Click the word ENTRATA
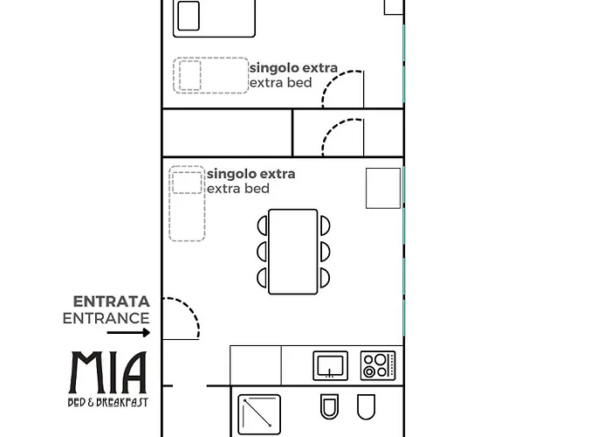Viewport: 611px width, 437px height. (112, 302)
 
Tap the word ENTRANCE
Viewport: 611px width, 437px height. (106, 318)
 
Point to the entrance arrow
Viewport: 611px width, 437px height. (128, 333)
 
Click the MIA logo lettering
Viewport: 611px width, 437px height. (108, 372)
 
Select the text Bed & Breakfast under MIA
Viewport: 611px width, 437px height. (108, 402)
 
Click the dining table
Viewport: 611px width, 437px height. (293, 252)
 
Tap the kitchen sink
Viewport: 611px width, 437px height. (331, 365)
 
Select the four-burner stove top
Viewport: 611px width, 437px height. (378, 365)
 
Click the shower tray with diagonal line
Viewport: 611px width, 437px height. (259, 414)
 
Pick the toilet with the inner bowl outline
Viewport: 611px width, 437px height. (329, 406)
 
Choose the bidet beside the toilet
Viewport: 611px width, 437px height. (367, 406)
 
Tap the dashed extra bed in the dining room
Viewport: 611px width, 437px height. (187, 204)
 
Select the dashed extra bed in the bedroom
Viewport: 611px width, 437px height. (211, 75)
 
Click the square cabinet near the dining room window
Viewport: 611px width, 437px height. (383, 188)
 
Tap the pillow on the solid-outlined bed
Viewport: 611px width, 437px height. (189, 16)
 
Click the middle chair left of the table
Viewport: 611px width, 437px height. (262, 252)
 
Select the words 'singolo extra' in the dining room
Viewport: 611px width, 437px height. (251, 174)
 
